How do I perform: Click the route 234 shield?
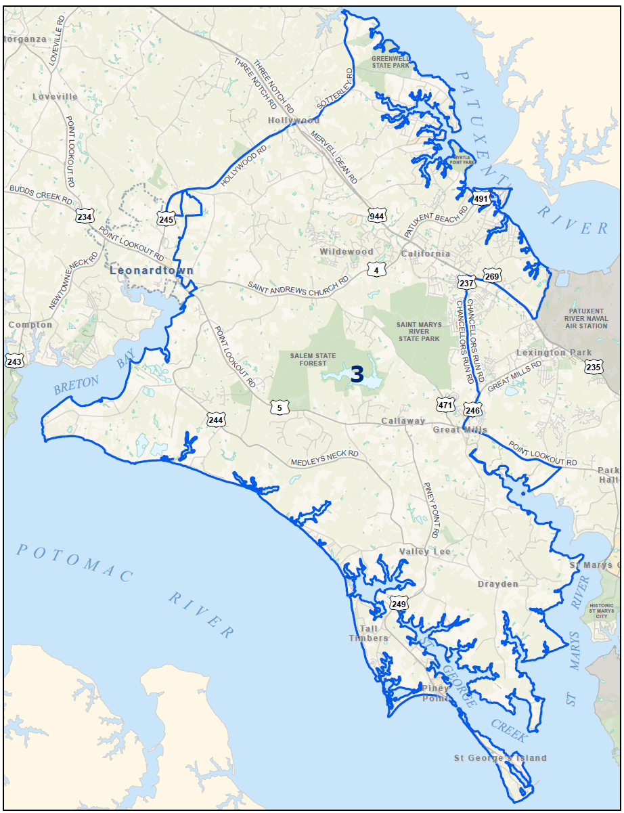pos(85,217)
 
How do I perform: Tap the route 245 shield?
pos(166,219)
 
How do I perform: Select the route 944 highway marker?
pos(377,217)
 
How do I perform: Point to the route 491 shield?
pos(481,198)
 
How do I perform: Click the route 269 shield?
pos(492,276)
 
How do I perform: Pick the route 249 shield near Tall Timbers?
pos(399,604)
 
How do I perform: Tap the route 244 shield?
pos(216,420)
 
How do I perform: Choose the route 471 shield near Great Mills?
pos(445,404)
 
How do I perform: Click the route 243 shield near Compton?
pos(14,361)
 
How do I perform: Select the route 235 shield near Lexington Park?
pos(594,367)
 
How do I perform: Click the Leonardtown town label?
pos(152,271)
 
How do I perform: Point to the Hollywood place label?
pos(294,120)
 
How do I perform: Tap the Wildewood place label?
pos(347,252)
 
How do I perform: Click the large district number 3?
pos(357,374)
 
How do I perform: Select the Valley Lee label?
pos(424,552)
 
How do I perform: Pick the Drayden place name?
pos(497,584)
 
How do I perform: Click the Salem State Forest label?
pos(313,359)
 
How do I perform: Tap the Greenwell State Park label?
pos(391,62)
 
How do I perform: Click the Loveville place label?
pos(55,97)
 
